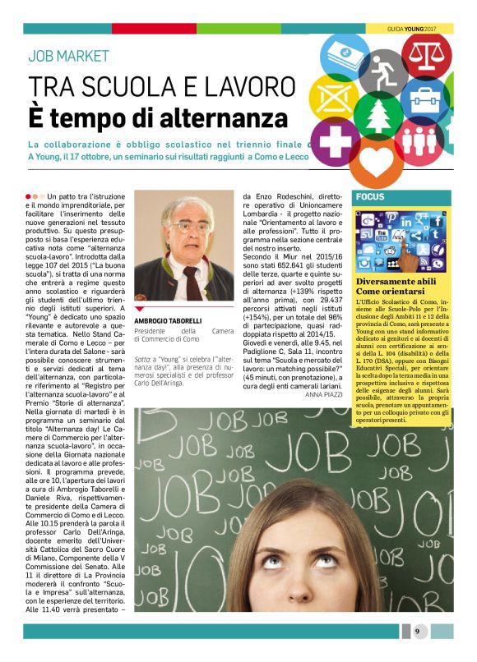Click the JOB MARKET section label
tap(68, 57)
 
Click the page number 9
tap(417, 631)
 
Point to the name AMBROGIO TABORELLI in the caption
tap(168, 320)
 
